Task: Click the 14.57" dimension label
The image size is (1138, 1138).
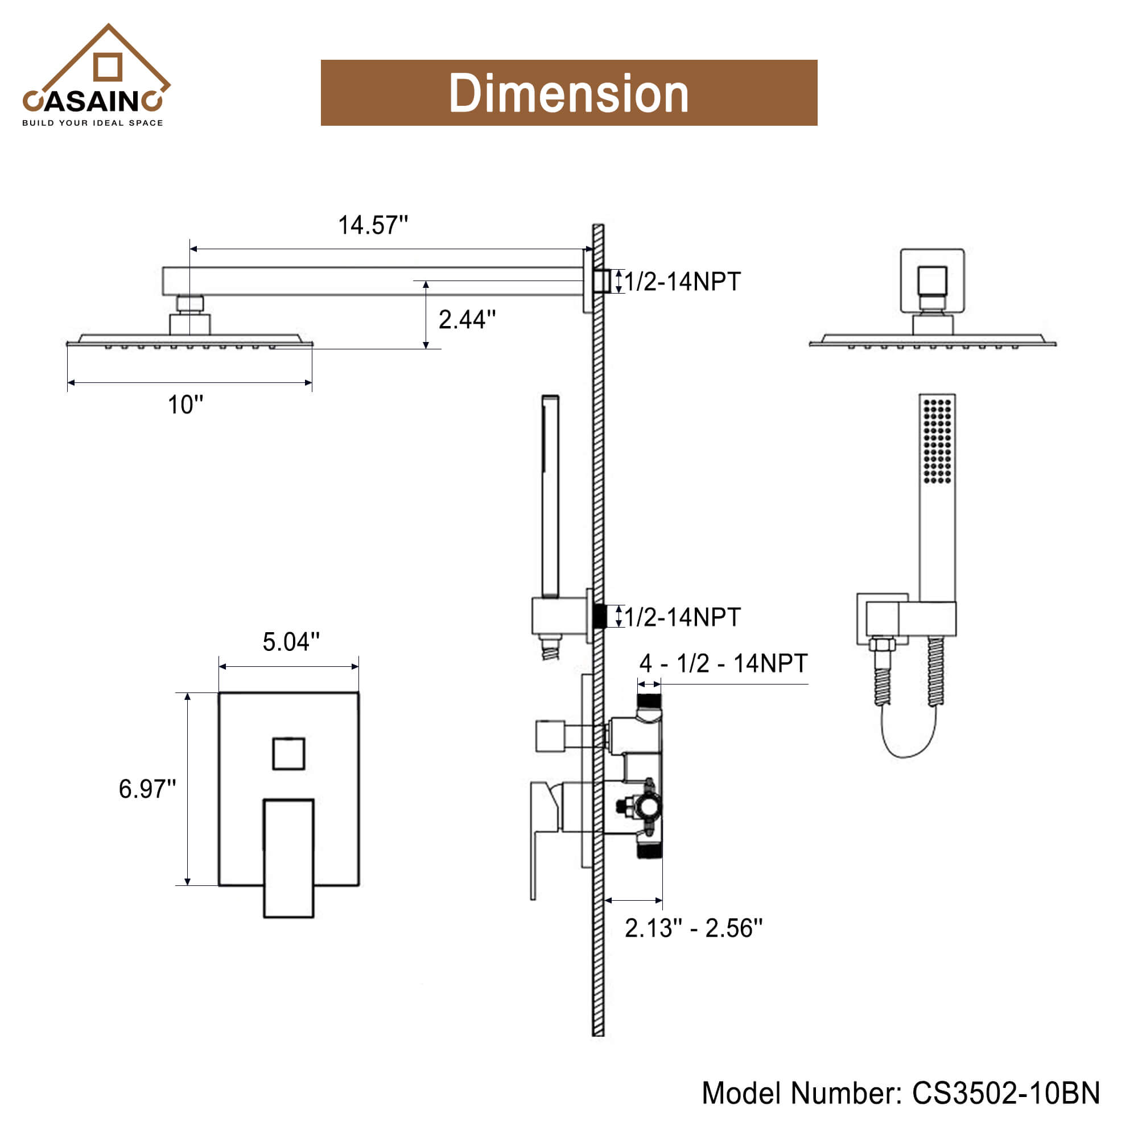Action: coord(373,225)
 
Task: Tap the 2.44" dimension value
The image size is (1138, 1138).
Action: coord(467,319)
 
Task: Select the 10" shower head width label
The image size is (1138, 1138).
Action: coord(185,405)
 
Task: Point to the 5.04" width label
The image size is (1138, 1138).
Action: coord(291,641)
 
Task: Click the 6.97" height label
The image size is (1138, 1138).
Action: coord(147,789)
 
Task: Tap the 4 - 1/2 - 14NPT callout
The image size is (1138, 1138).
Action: coord(723,663)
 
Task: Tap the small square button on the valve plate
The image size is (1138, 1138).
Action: coord(288,753)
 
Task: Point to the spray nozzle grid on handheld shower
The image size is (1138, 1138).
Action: coord(937,441)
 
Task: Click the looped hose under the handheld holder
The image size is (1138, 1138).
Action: coord(908,736)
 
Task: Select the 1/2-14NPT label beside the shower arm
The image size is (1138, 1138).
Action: coord(682,282)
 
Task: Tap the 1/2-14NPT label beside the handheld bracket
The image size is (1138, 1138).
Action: coord(682,617)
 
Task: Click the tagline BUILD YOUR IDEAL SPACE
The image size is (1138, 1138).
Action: coord(93,123)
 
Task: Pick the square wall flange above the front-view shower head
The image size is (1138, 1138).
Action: coord(933,281)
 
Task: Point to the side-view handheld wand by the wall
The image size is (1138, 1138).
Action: coord(550,496)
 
